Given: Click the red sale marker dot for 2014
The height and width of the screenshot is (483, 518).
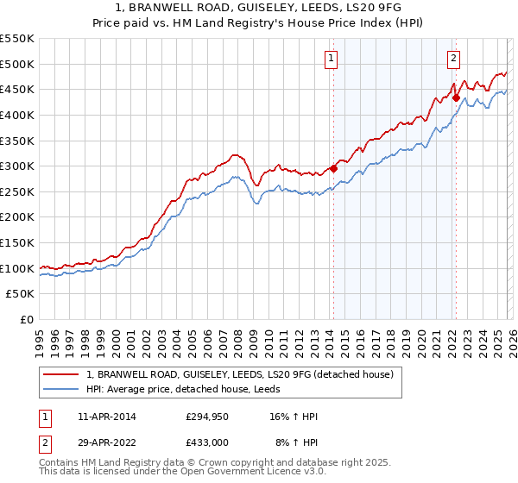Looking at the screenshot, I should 333,169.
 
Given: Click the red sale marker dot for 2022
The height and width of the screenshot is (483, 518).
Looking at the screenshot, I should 456,97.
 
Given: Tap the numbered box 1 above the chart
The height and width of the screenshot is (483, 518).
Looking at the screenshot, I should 332,59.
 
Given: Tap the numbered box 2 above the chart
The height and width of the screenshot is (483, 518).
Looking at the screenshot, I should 454,59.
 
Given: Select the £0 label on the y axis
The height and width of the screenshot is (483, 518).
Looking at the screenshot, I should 27,320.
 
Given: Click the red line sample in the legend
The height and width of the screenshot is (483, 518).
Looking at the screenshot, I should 61,374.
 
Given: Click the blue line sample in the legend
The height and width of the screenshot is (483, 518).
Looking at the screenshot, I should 61,389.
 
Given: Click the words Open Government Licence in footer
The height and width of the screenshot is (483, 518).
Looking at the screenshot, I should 253,474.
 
